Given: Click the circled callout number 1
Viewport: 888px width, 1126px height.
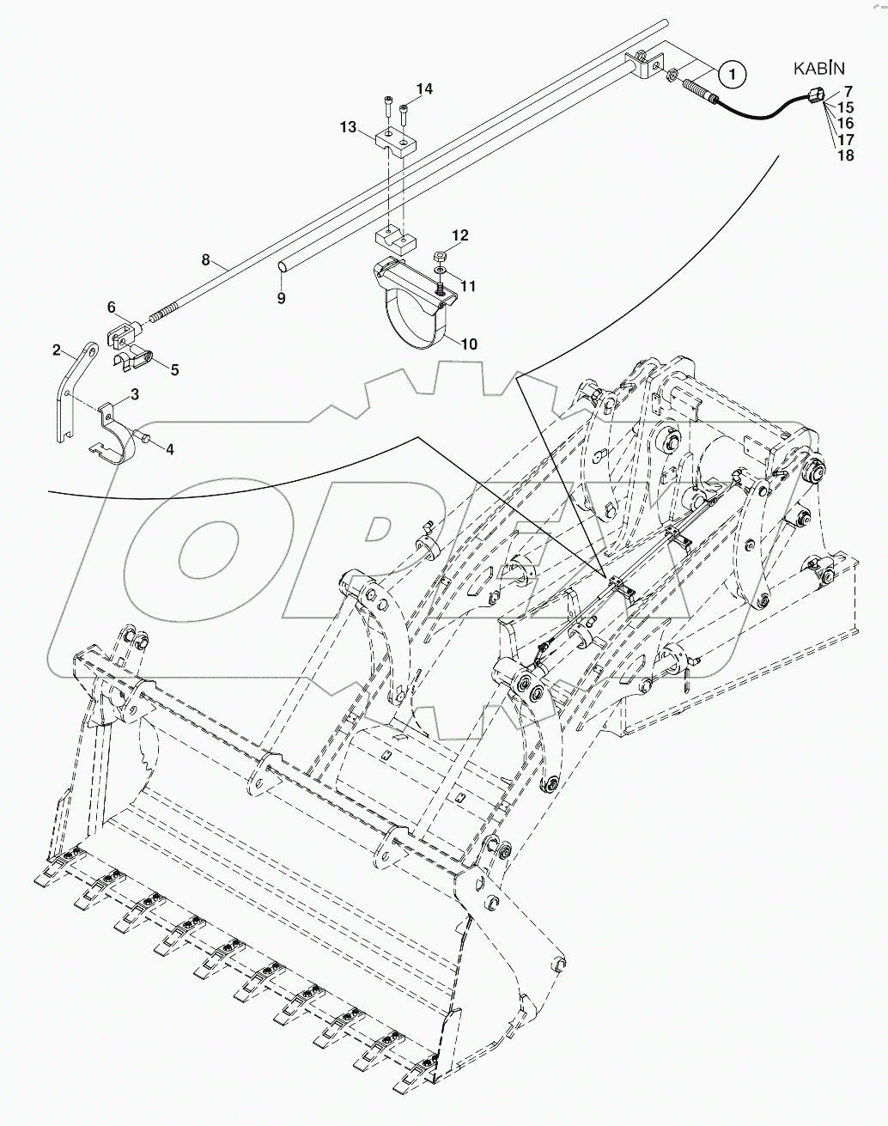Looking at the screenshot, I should (x=731, y=76).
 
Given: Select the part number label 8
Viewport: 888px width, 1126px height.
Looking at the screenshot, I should (x=205, y=259).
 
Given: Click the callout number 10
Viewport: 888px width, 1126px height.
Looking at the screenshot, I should (x=468, y=344).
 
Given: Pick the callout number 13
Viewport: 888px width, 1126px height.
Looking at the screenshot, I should (x=348, y=127).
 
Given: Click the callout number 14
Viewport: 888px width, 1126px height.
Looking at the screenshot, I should (x=425, y=89).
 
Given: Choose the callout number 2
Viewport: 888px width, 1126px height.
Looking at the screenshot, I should (x=57, y=350).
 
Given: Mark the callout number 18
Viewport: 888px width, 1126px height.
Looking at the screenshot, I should (x=845, y=155).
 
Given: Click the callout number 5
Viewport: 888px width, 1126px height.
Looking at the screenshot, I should (x=174, y=370).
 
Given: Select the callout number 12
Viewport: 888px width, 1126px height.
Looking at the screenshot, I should (x=460, y=234).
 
